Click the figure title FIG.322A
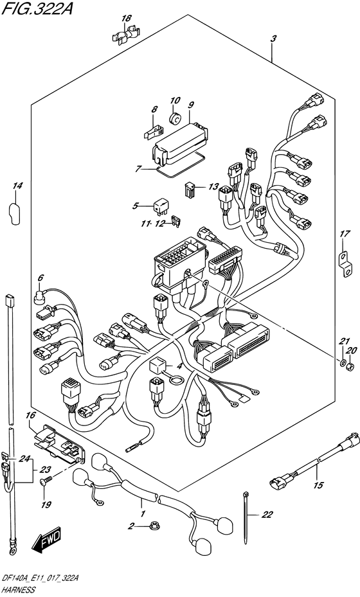pos(37,8)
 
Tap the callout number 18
pos(127,18)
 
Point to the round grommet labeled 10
pos(175,119)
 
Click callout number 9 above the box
pos(190,104)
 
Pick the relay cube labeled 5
pos(160,206)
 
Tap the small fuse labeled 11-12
pos(176,222)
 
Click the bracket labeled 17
pos(345,264)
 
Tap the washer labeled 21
pos(342,361)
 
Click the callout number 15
pos(318,485)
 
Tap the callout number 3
pos(273,39)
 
